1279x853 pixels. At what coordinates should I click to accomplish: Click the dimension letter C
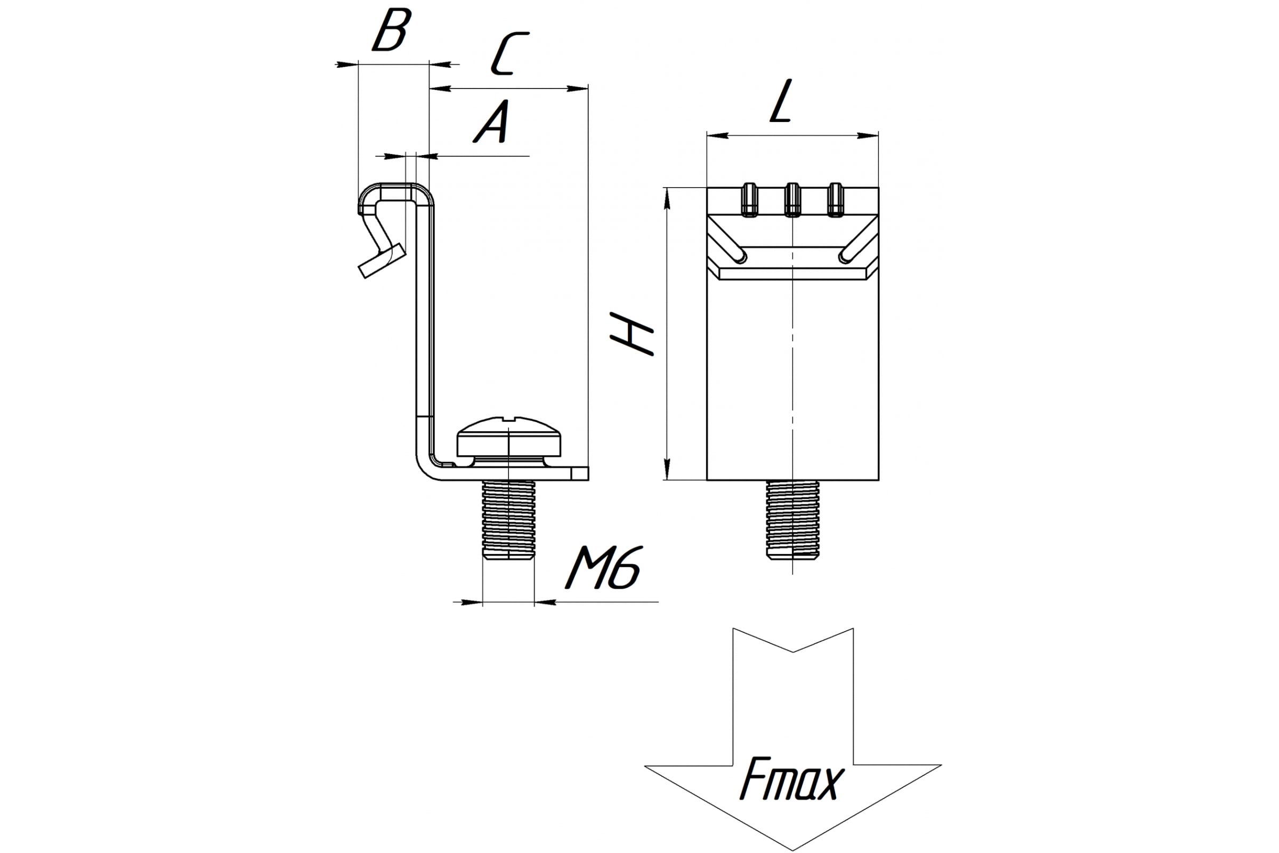tap(509, 53)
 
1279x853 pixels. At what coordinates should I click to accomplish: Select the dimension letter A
tap(492, 122)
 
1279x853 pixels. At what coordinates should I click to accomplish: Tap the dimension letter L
tap(781, 101)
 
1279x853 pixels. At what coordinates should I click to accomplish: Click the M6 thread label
tap(603, 568)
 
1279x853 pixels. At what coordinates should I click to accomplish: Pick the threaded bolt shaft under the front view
tap(792, 519)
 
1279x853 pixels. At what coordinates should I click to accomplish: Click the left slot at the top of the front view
tap(750, 200)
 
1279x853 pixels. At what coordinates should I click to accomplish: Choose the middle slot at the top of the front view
tap(792, 200)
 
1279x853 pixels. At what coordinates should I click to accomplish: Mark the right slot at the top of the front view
tap(835, 200)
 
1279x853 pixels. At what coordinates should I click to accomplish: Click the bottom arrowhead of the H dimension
tap(668, 469)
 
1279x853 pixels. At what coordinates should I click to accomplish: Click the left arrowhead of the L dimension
tap(718, 135)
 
